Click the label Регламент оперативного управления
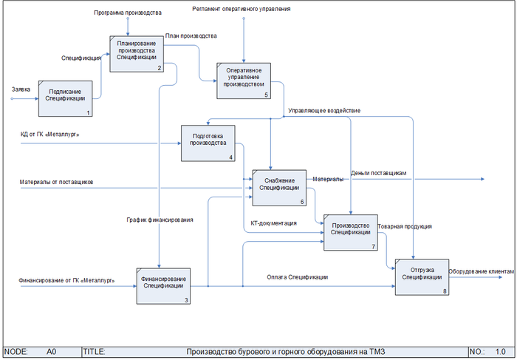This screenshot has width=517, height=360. click(241, 9)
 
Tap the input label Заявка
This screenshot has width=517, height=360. click(21, 89)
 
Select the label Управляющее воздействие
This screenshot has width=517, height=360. click(324, 111)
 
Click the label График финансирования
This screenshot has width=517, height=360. click(161, 220)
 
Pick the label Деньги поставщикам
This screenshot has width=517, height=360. click(379, 173)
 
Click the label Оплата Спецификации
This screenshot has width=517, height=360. click(298, 277)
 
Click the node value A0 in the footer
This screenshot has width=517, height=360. click(52, 352)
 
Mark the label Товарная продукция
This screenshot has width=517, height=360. click(405, 226)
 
